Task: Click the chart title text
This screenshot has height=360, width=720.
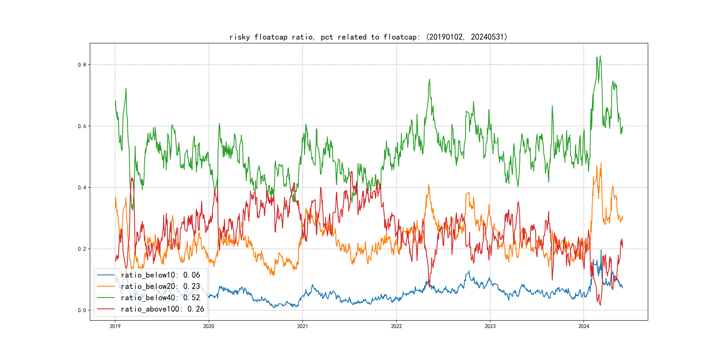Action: click(368, 37)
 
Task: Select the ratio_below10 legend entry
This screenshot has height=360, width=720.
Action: click(160, 275)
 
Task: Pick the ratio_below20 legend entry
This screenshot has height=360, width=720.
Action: click(160, 286)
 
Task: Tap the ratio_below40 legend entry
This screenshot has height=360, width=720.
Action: click(160, 298)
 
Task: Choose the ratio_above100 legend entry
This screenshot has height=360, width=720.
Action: click(162, 309)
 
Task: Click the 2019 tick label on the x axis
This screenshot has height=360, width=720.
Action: click(115, 326)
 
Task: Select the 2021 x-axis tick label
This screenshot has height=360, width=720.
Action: click(302, 326)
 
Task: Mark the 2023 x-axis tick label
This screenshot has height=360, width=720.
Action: click(490, 326)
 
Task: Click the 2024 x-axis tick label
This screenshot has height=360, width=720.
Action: click(584, 326)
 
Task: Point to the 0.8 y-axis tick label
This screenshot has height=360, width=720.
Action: click(82, 65)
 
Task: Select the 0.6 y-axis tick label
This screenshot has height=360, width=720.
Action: click(82, 126)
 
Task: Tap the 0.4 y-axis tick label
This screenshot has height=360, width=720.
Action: click(82, 188)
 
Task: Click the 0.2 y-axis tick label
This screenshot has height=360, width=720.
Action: click(82, 249)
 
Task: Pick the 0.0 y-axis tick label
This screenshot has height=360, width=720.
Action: click(82, 310)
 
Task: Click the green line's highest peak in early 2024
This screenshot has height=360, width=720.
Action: click(600, 56)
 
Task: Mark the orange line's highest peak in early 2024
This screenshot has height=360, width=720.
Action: click(601, 163)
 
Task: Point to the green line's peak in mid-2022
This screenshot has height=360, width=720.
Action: click(430, 79)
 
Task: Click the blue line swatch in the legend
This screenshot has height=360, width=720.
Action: click(106, 275)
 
